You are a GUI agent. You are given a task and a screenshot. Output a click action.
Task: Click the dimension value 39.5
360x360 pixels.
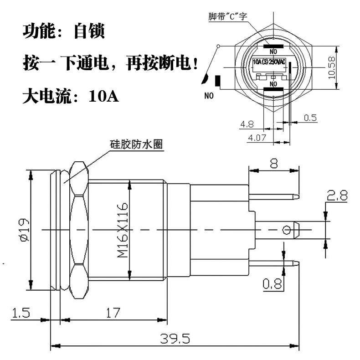[x=175, y=339]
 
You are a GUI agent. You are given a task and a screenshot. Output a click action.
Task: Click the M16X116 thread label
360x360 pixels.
[x=123, y=231]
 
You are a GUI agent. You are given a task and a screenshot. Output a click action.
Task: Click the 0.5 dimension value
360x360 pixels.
[x=310, y=118]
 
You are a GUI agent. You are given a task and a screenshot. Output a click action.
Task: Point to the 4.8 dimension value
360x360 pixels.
[x=247, y=123]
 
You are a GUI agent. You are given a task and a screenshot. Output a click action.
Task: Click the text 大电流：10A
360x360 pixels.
[x=71, y=97]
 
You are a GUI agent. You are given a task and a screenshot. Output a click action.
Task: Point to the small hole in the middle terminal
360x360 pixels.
[x=287, y=230]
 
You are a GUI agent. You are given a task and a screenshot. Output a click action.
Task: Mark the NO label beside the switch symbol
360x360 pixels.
[x=209, y=96]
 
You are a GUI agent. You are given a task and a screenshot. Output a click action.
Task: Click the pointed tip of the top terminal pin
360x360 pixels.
[x=298, y=197]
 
